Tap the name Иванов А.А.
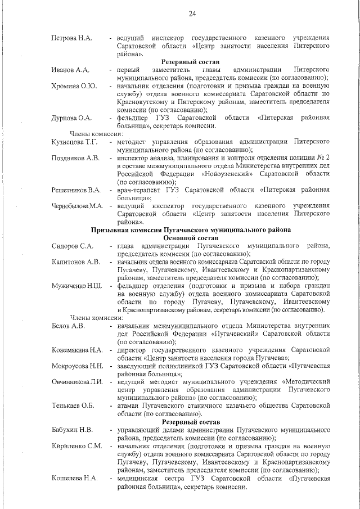tap(70, 70)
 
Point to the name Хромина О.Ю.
tap(74, 86)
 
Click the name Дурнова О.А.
tap(71, 118)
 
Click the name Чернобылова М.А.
tap(78, 206)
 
